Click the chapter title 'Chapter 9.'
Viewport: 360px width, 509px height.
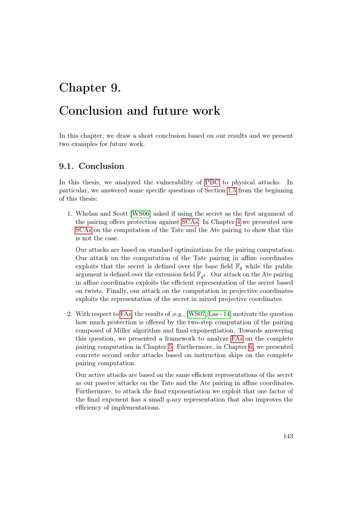click(90, 87)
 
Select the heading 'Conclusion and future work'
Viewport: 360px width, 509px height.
click(139, 111)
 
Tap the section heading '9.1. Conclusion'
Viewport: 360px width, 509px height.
click(91, 166)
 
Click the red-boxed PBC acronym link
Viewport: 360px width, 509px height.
click(212, 182)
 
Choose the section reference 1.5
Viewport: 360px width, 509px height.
click(232, 190)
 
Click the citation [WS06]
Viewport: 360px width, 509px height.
click(140, 213)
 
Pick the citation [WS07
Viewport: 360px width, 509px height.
click(196, 314)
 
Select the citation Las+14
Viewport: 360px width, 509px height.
click(220, 314)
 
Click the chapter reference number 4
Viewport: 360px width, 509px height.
click(238, 222)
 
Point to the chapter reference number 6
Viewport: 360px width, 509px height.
click(251, 347)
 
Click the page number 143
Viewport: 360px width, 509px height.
click(288, 436)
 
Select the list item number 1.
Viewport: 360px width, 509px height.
click(70, 213)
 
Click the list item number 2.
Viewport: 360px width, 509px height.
click(70, 314)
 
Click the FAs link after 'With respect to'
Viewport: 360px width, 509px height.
click(126, 314)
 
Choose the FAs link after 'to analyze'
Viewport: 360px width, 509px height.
click(237, 339)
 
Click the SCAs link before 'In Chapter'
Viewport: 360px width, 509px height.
click(190, 222)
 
